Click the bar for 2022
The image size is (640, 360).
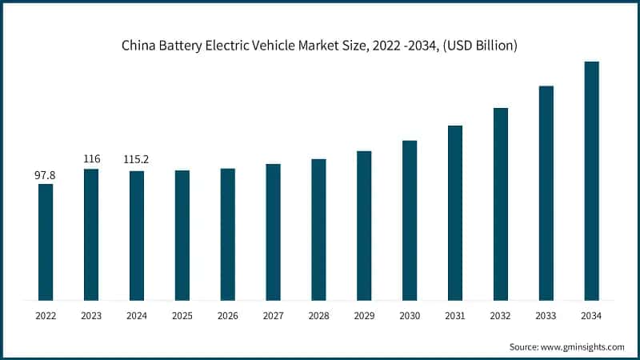[46, 242]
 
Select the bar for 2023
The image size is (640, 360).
[91, 234]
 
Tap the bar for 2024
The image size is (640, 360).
[137, 235]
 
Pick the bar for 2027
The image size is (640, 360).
[273, 232]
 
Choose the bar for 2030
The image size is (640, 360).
[410, 220]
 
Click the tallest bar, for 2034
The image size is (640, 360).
[591, 181]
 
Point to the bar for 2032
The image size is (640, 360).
[500, 204]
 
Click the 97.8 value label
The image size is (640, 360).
[46, 174]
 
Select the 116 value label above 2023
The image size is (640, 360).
[91, 159]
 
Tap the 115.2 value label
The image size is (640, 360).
[137, 160]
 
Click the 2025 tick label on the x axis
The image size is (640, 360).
[182, 316]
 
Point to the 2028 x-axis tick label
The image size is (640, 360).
[318, 316]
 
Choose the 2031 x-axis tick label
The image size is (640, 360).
[455, 316]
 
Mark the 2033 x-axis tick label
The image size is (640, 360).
[546, 316]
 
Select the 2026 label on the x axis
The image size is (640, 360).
[227, 316]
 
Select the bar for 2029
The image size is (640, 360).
[364, 226]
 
